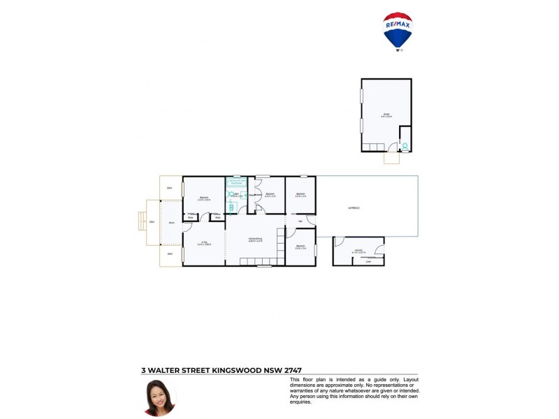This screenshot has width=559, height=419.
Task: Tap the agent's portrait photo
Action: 159,397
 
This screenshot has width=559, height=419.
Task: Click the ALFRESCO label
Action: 354,208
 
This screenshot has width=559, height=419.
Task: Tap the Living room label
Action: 203,243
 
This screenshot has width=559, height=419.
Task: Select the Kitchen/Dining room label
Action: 255,240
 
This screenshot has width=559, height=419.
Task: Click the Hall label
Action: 300,221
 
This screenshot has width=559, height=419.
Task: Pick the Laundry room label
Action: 358,250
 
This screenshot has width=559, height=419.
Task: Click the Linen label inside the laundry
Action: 368,262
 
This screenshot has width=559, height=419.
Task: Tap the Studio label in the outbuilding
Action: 386,115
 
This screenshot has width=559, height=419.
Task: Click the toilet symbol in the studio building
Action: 405,147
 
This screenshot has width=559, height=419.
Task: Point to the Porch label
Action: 171,223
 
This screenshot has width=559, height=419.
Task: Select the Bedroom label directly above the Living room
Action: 204,197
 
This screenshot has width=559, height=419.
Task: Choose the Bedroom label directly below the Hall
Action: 300,246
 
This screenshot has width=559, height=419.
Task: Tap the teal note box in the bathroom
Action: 235,181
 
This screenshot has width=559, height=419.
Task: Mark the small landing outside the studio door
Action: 391,158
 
